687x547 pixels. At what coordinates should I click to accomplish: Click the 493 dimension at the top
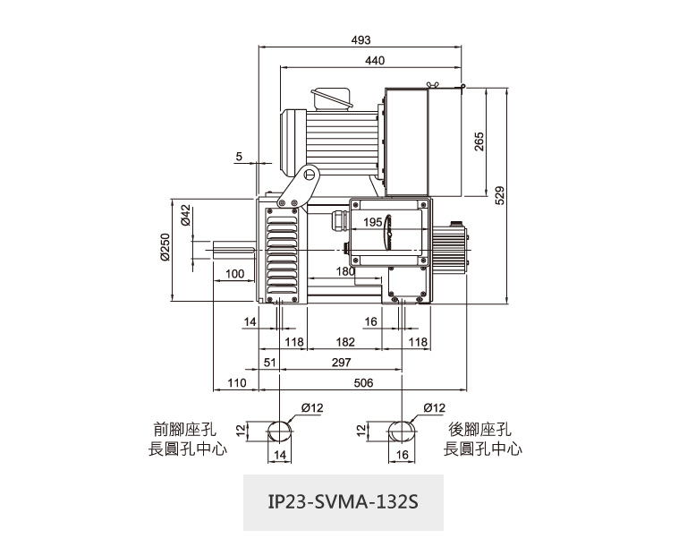click(360, 40)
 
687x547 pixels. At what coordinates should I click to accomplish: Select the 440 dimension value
click(375, 60)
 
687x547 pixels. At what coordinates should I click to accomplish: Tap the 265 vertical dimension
click(479, 141)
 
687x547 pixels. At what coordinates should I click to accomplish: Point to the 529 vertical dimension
click(500, 194)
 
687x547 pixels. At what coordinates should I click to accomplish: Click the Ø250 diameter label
click(165, 247)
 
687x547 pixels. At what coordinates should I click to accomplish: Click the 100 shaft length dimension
click(235, 274)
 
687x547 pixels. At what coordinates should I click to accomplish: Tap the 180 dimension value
click(346, 270)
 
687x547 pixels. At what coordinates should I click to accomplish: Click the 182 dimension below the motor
click(343, 342)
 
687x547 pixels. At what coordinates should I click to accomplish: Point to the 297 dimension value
click(341, 362)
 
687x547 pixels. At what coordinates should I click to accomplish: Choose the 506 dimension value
click(363, 382)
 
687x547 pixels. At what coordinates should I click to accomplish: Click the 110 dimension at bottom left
click(236, 382)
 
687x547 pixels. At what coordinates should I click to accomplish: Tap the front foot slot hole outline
click(281, 431)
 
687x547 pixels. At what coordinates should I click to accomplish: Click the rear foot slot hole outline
click(402, 431)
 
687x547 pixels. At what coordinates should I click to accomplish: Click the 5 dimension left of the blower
click(239, 157)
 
